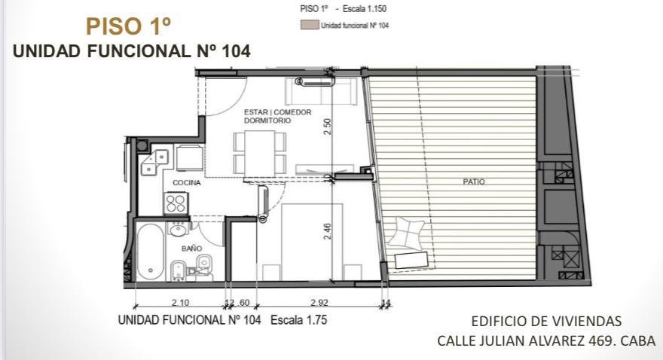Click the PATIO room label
[474, 182]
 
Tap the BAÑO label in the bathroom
[191, 249]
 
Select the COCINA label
[187, 183]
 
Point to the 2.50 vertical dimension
[327, 127]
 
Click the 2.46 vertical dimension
[327, 231]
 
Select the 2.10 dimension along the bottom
[181, 303]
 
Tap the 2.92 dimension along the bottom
[319, 303]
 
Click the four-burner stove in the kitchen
[176, 203]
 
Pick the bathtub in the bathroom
[151, 252]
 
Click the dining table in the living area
[260, 153]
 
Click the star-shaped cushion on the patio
[405, 233]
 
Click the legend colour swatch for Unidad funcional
[309, 26]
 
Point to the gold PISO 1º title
[129, 26]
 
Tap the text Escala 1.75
[298, 320]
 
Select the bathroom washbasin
[179, 230]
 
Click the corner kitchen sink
[154, 162]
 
